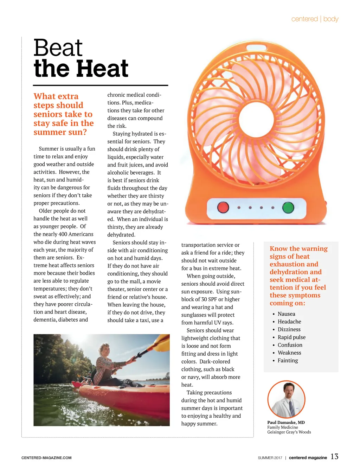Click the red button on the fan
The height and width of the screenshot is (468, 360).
click(223, 207)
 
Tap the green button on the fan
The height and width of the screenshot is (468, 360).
click(288, 207)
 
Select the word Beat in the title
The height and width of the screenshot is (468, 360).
click(58, 48)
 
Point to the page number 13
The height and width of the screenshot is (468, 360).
click(334, 456)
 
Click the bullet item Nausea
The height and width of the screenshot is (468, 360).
click(286, 314)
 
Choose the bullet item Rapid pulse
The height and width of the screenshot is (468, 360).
click(291, 337)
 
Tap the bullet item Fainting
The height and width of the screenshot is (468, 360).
click(288, 360)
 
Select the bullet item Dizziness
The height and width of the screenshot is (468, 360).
click(289, 329)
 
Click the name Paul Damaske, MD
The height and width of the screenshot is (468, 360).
click(286, 422)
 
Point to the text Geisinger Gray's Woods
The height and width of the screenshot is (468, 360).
click(289, 432)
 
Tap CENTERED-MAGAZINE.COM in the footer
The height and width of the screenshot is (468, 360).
click(46, 458)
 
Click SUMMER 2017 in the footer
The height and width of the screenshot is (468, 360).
click(270, 458)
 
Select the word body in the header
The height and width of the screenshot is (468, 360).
click(331, 19)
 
